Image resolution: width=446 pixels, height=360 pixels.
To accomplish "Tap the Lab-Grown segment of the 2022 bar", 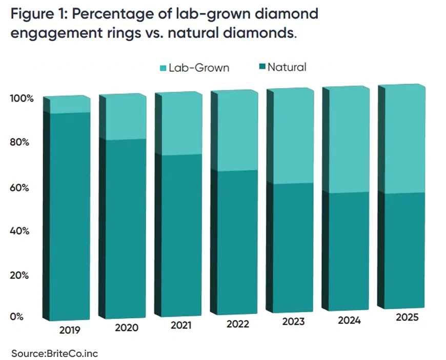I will (x=234, y=131).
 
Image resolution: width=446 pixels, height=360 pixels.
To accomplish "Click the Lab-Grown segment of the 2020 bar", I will (x=123, y=117).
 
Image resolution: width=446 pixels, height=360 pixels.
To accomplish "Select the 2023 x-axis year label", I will (x=293, y=322).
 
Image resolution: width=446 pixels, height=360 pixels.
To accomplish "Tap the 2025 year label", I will (x=407, y=317).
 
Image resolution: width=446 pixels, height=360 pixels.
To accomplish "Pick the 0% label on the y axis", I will (x=16, y=317).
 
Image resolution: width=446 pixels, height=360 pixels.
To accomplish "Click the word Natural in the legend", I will (x=287, y=67).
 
